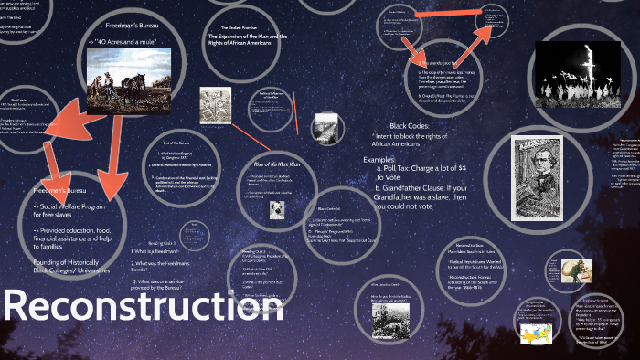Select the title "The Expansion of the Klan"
[x=254, y=36]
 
